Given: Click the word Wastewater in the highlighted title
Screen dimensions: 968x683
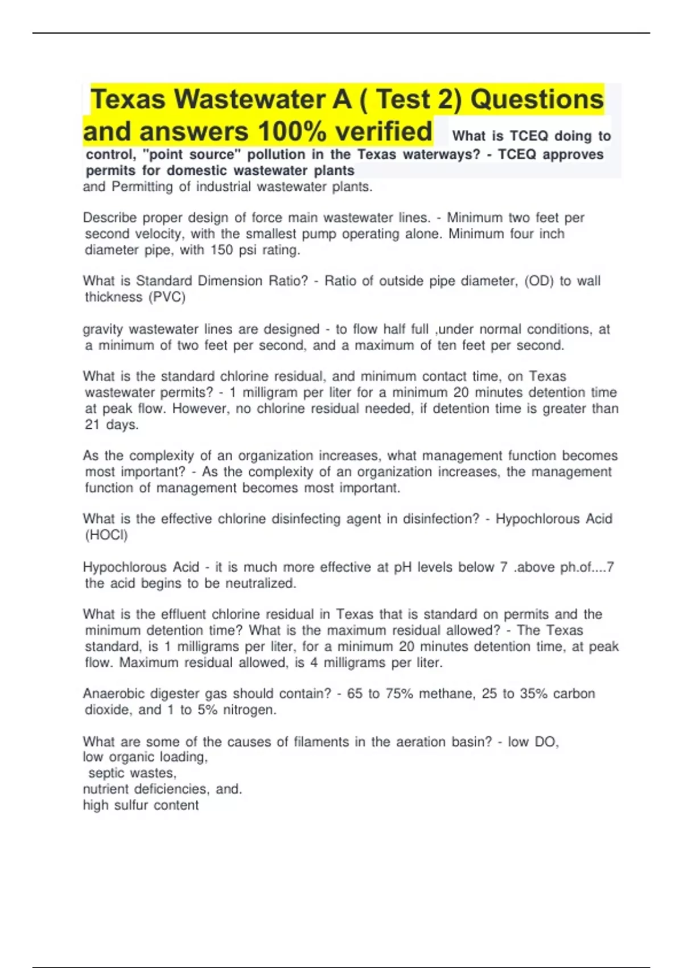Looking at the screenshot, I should (x=250, y=100).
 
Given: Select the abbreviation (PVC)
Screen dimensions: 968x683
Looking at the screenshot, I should (x=167, y=297).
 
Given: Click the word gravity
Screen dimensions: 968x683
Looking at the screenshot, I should (x=103, y=329).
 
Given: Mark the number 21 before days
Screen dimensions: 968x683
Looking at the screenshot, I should (x=92, y=424).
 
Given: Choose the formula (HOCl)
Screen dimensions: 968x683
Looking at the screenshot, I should (x=106, y=535).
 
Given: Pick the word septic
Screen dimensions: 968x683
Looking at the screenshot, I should (x=106, y=773).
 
